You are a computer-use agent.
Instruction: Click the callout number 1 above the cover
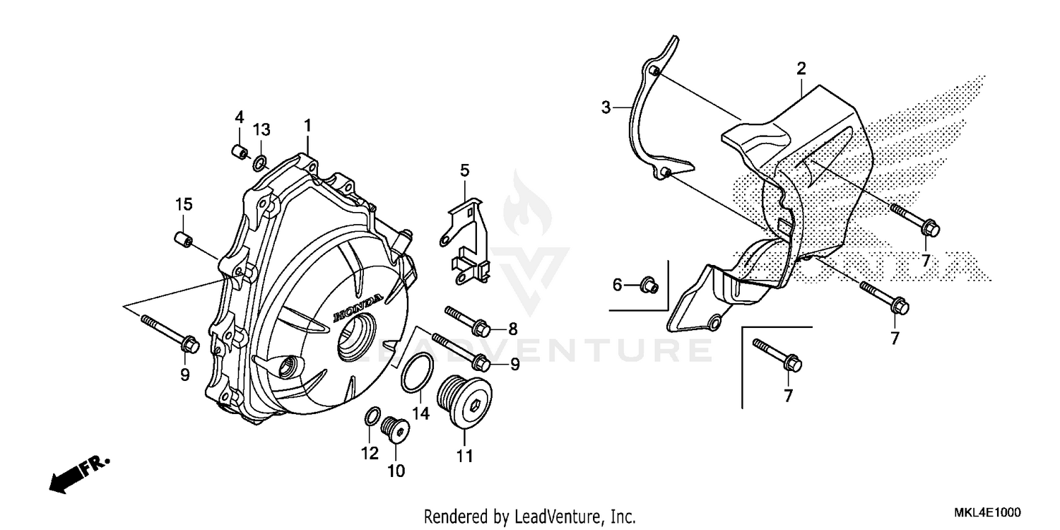point(307,126)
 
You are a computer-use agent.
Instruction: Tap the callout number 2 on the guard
point(801,69)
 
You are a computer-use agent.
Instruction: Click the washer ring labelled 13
point(260,163)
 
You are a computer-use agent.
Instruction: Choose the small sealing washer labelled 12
point(372,418)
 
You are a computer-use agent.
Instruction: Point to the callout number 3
point(606,107)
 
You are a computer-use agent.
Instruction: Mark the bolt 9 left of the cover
point(172,333)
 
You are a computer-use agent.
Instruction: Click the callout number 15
point(184,204)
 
